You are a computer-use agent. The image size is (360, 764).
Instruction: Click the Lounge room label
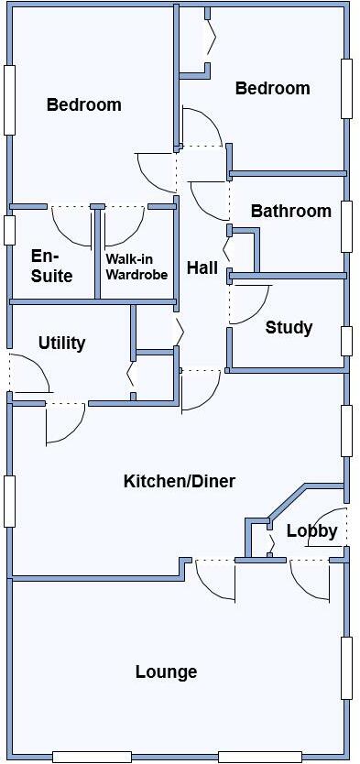166,672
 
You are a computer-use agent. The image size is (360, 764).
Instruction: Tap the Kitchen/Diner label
180,481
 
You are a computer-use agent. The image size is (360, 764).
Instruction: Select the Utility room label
62,344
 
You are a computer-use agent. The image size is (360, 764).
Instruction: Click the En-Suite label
51,266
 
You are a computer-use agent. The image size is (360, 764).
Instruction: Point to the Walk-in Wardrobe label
136,266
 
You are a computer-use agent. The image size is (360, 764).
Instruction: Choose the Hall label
202,268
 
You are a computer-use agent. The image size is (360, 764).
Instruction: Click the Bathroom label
290,212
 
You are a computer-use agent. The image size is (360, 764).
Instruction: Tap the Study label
289,328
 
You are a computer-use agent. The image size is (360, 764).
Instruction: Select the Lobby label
311,531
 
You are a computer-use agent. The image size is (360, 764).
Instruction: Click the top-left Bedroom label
83,105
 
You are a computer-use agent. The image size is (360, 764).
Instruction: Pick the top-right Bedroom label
272,89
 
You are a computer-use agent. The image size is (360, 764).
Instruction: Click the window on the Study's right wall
346,340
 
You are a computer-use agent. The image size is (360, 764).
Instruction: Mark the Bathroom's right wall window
346,225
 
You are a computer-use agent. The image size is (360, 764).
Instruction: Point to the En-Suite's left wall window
9,229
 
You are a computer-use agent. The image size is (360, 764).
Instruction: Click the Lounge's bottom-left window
92,757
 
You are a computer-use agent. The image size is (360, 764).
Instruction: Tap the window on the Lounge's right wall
346,668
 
